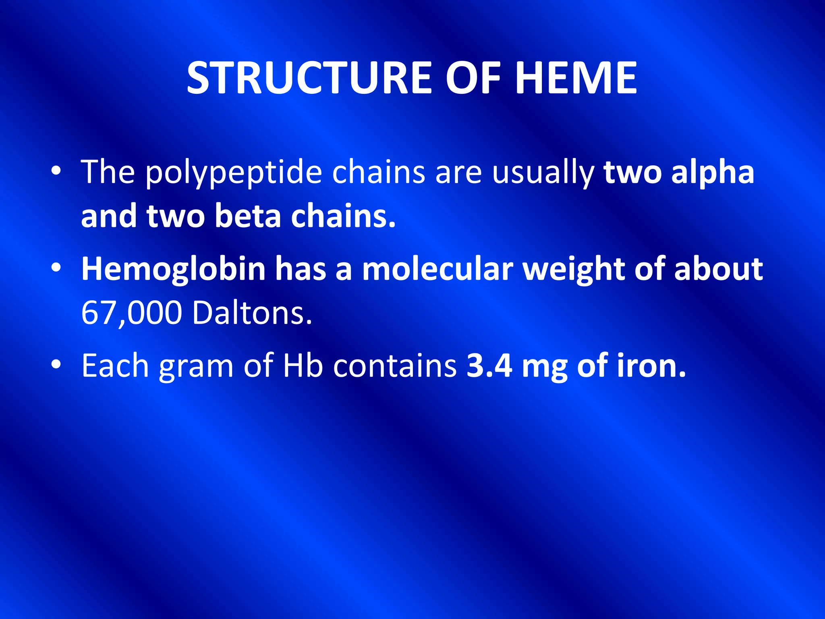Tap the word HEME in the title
pyautogui.click(x=576, y=78)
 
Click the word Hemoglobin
pyautogui.click(x=173, y=269)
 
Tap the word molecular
pyautogui.click(x=437, y=269)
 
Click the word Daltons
pyautogui.click(x=252, y=313)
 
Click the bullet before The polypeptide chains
pyautogui.click(x=56, y=172)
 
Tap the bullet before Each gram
pyautogui.click(x=56, y=365)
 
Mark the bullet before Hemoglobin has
pyautogui.click(x=56, y=268)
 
